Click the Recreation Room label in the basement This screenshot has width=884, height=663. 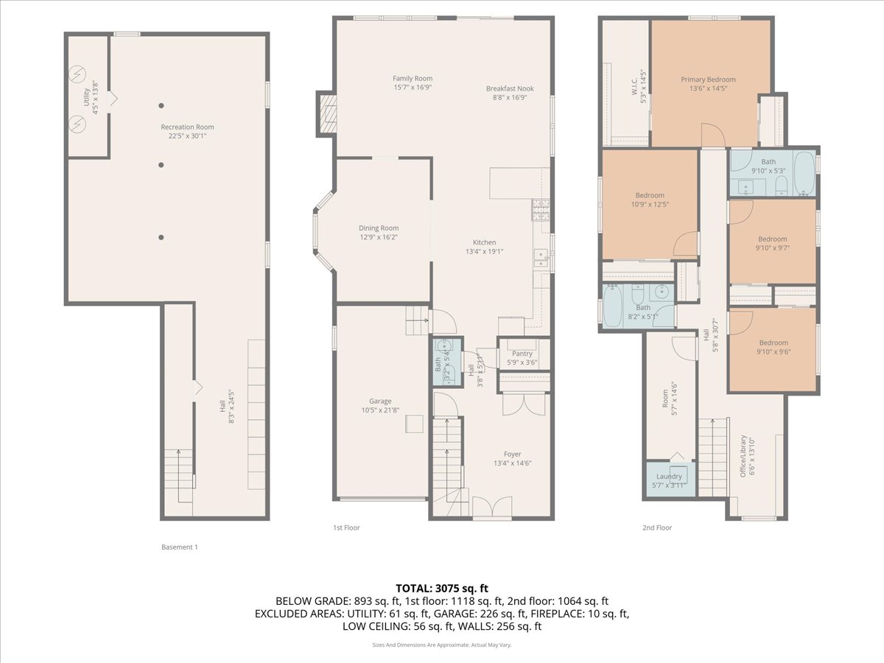(187, 127)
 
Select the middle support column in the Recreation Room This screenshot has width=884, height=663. (161, 165)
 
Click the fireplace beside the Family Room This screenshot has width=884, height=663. (327, 114)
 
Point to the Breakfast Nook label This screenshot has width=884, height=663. (510, 88)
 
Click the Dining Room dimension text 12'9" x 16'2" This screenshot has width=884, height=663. (379, 238)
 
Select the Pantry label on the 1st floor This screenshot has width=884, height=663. (524, 353)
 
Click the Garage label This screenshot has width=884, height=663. (381, 401)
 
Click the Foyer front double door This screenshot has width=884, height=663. (491, 508)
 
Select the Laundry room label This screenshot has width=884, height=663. (669, 476)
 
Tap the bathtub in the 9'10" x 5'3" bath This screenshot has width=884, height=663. (804, 173)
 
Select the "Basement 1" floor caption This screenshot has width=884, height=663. (180, 547)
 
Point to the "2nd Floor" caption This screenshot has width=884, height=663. (657, 527)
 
